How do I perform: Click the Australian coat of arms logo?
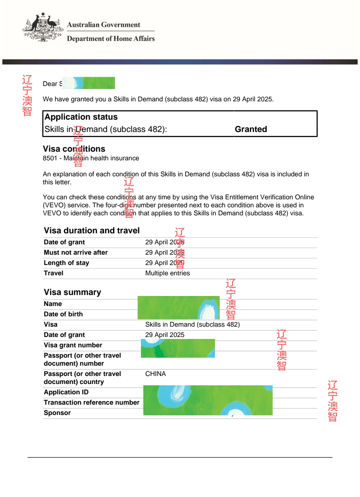(43, 28)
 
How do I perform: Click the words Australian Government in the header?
(103, 25)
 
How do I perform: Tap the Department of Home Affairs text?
(111, 39)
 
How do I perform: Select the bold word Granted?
(251, 129)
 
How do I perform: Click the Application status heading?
(81, 117)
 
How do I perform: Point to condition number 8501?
(50, 158)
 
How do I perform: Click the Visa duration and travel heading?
(92, 231)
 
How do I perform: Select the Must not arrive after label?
(76, 253)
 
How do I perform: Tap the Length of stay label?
(66, 263)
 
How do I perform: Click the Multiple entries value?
(167, 273)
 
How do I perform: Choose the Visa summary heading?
(72, 292)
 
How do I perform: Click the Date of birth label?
(63, 314)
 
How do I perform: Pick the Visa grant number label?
(73, 345)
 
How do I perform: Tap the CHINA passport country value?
(155, 374)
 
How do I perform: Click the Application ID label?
(66, 392)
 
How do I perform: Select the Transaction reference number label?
(91, 403)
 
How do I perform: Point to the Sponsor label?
(57, 413)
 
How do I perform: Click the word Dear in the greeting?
(50, 84)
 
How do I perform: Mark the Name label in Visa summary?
(53, 304)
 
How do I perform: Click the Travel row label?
(53, 273)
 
